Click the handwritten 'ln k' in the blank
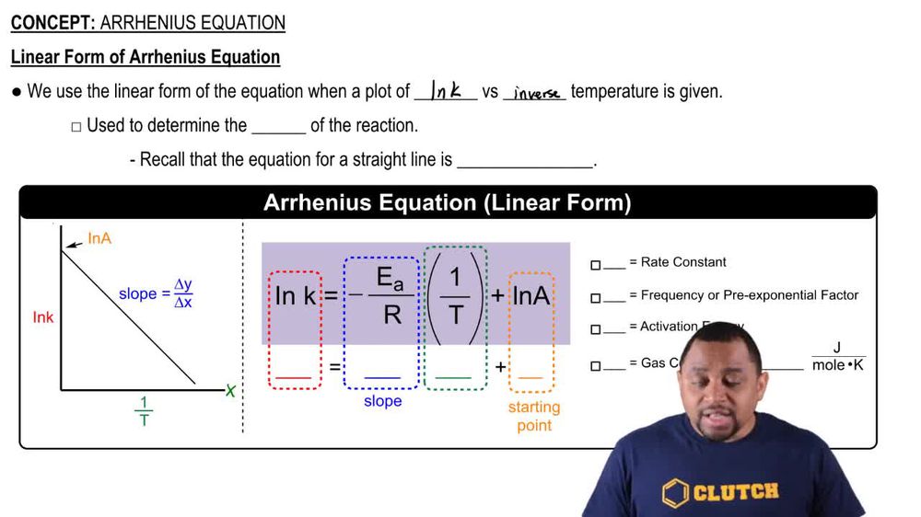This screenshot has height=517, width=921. click(447, 90)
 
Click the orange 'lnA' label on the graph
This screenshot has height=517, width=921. click(99, 238)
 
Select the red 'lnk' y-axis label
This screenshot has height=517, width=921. click(43, 317)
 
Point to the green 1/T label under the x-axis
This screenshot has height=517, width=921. click(145, 411)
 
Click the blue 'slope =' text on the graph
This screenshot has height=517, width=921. click(138, 293)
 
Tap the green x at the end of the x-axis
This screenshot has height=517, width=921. click(230, 391)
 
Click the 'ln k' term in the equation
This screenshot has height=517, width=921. click(296, 295)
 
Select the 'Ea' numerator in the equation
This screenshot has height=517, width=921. click(391, 279)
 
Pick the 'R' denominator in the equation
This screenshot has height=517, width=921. click(392, 316)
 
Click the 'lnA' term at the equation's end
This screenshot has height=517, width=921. click(531, 295)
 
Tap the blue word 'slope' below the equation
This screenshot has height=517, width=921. click(382, 401)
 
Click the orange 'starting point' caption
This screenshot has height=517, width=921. click(533, 416)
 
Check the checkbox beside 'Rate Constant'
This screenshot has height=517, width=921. click(595, 265)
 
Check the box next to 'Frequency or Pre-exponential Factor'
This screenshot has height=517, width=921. click(595, 298)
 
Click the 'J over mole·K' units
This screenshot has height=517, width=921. click(837, 357)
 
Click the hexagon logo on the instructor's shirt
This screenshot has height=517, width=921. click(674, 493)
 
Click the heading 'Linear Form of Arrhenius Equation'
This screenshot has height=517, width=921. click(146, 57)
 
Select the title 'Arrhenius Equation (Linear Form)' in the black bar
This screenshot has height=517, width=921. click(448, 203)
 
